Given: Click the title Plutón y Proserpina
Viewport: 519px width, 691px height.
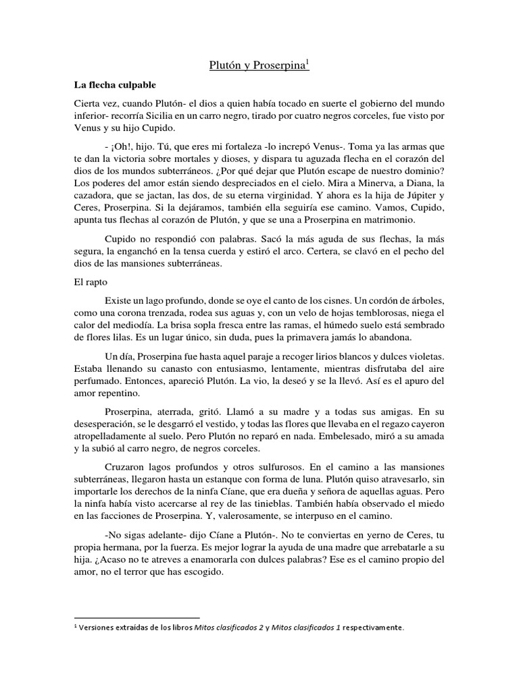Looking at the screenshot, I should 255,65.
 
